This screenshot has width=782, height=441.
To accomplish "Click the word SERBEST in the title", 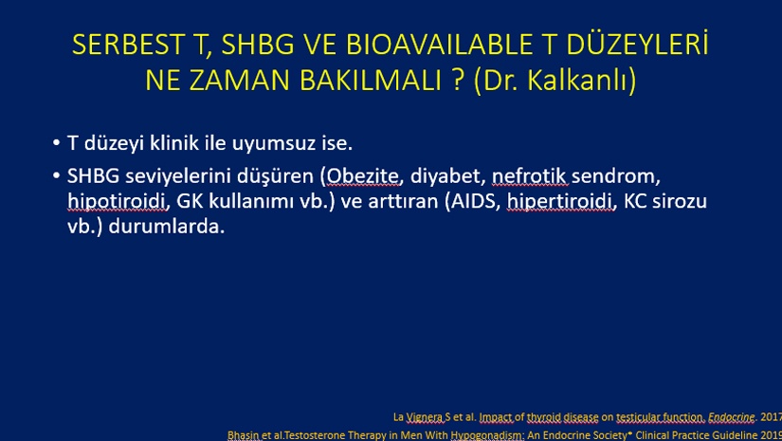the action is point(128,45).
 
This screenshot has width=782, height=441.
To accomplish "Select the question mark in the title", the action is point(459,80).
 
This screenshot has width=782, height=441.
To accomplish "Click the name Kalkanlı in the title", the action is point(577,80).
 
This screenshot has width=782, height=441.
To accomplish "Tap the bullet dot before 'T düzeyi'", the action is point(56,143).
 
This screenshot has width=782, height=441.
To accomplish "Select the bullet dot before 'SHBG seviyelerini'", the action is point(56,176).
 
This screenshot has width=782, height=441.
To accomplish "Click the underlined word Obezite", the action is point(363,176).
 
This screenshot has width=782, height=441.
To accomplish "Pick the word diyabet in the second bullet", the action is point(447,176).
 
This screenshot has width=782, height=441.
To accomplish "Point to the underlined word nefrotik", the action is point(529,176).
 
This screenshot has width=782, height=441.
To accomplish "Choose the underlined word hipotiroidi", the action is point(117,202).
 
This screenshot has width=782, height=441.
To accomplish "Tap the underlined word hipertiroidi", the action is point(559,202).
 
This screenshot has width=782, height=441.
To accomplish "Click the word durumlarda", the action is point(167,227).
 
